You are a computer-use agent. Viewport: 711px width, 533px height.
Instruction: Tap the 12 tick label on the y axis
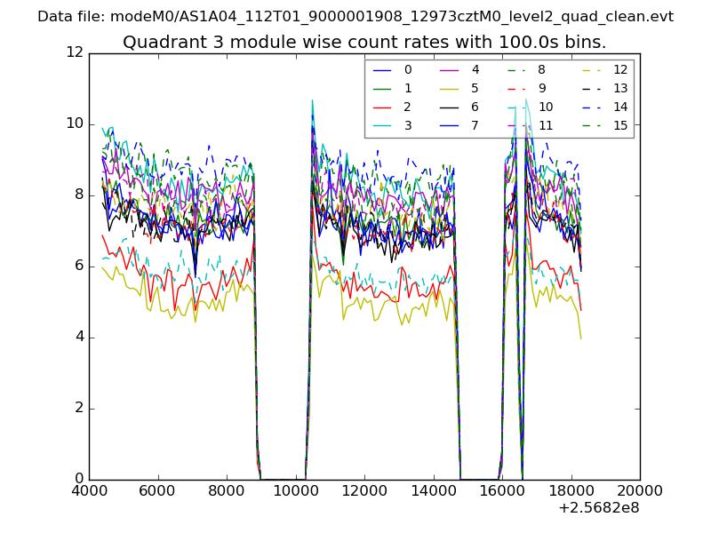(75, 52)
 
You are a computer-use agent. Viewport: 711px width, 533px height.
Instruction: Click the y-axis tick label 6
(78, 266)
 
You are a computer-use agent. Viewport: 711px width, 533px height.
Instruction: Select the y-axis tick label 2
(78, 408)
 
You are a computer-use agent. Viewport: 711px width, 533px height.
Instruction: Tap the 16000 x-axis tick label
(502, 489)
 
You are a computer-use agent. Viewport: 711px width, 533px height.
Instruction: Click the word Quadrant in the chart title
(157, 42)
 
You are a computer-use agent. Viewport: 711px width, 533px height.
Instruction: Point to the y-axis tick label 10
(75, 123)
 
